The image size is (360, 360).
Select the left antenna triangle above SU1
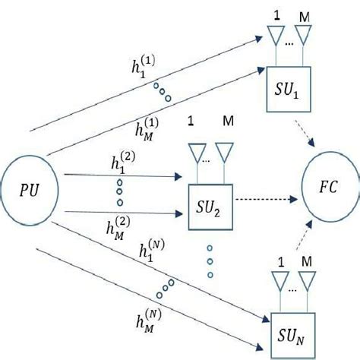point(274,36)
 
